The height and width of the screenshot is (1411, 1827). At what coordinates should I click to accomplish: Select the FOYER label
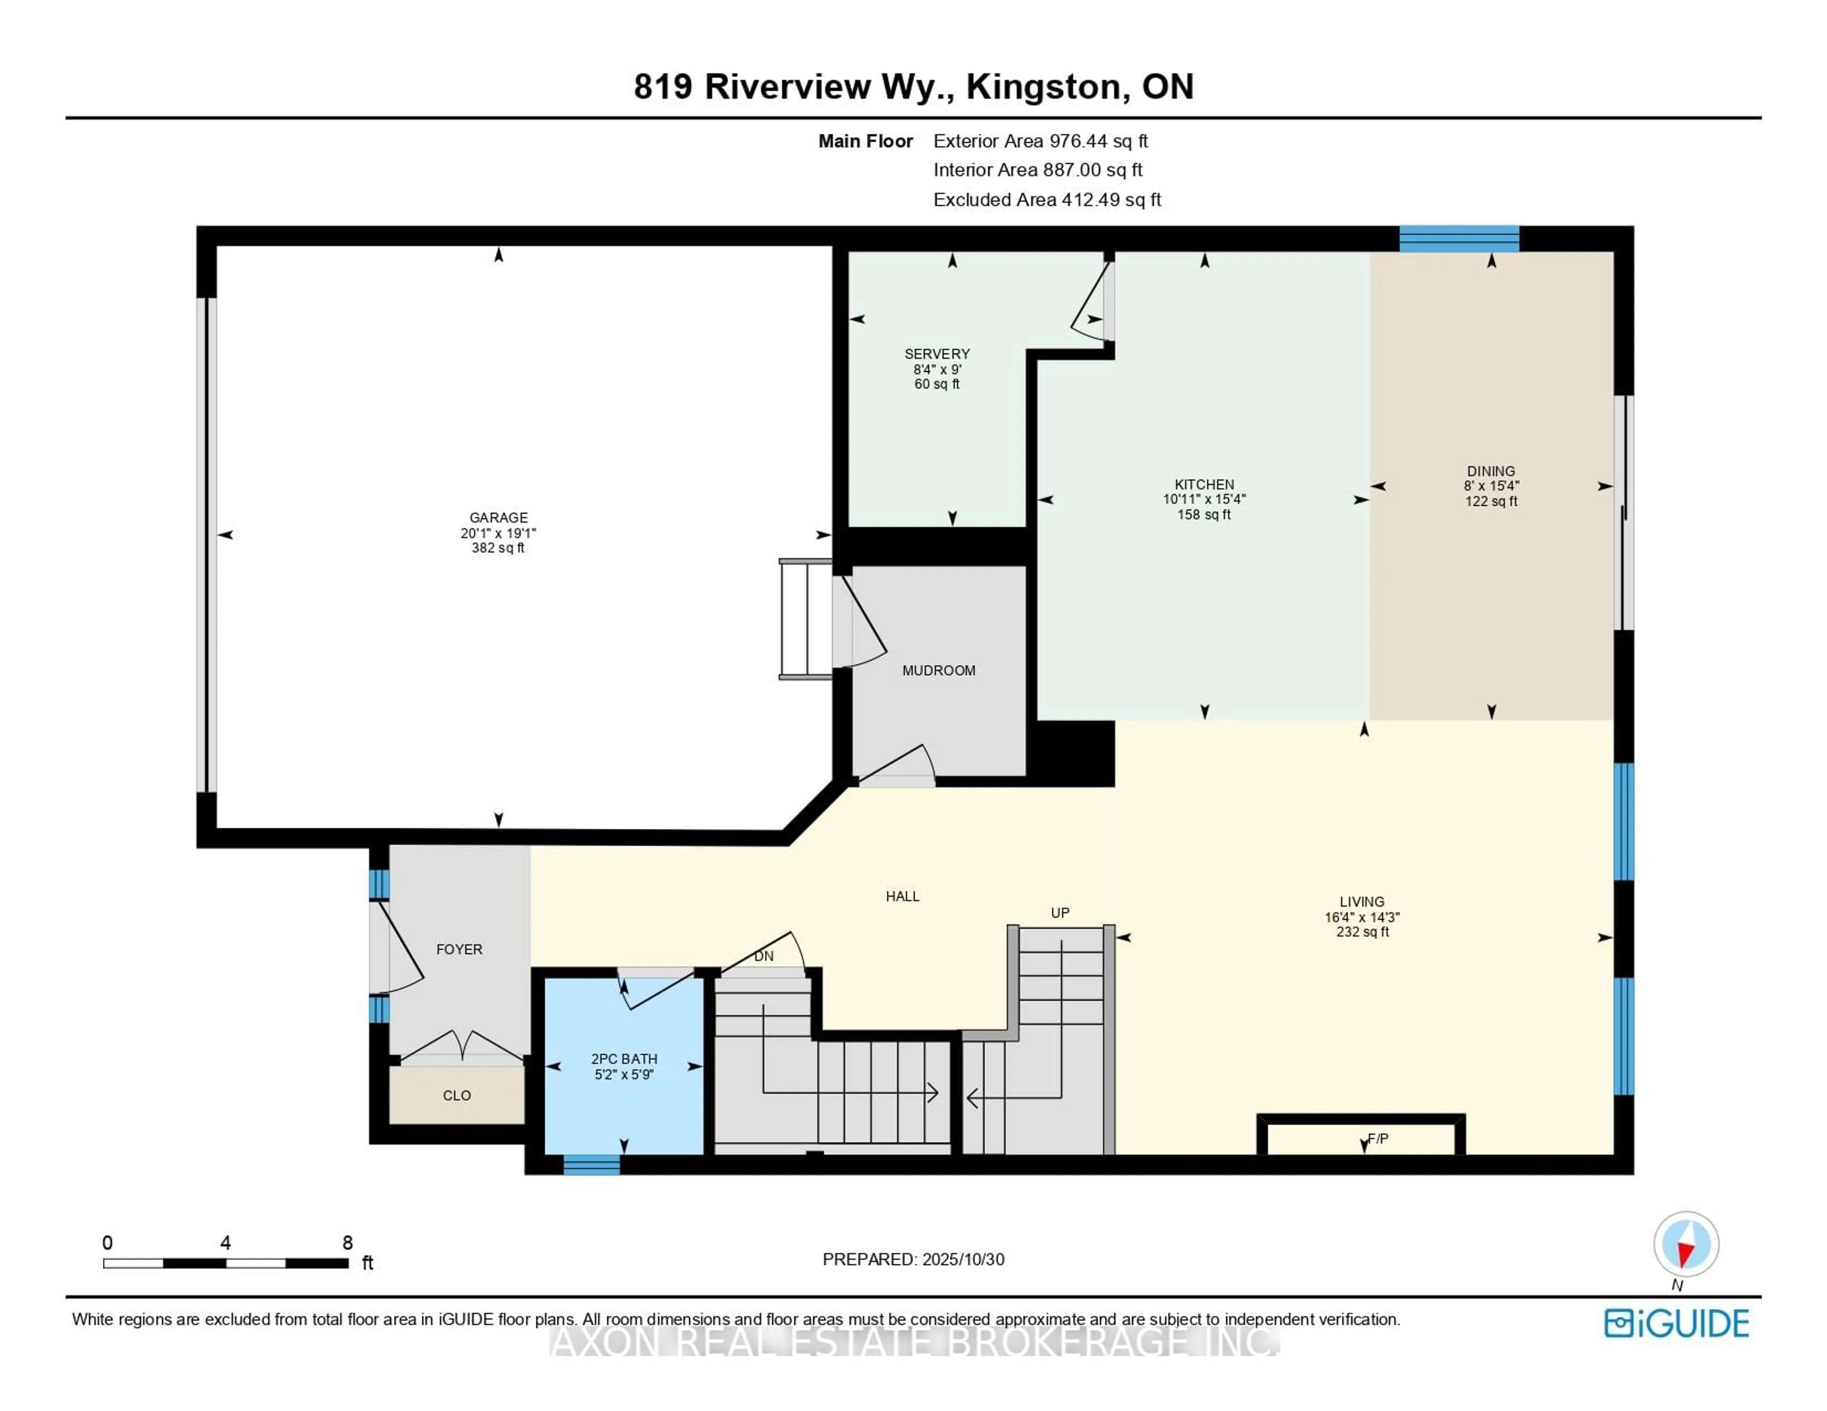coord(459,949)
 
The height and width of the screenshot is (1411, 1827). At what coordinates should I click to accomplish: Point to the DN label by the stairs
coord(763,956)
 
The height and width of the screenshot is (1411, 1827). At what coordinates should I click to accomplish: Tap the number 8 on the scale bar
coord(347,1243)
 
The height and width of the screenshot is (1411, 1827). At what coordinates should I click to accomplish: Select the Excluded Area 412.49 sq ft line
coord(1047,200)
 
